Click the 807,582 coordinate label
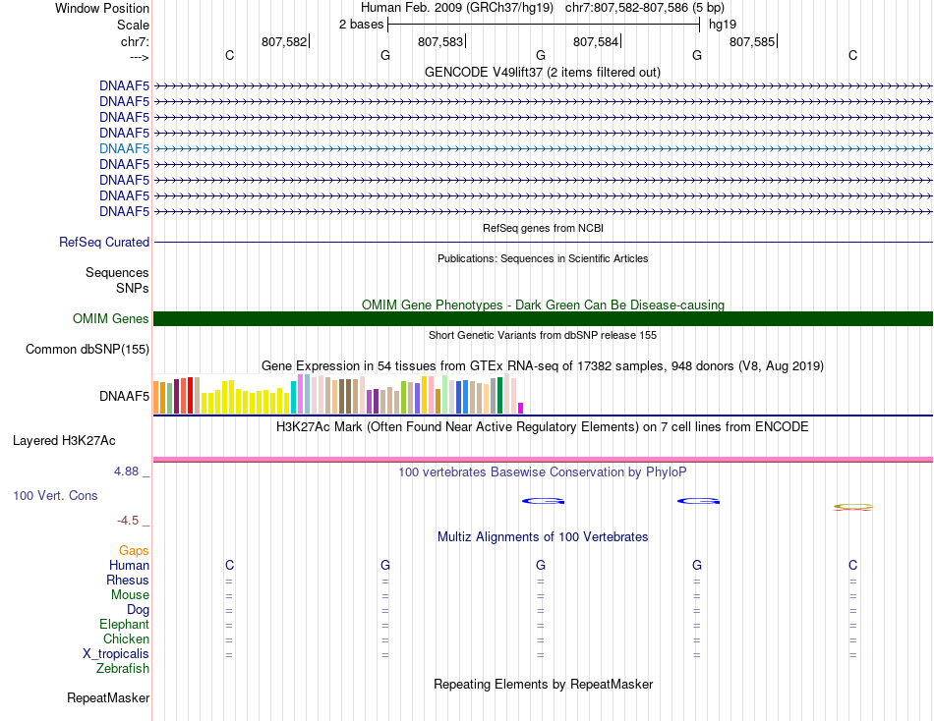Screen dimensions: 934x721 click(284, 41)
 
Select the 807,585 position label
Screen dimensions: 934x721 click(752, 41)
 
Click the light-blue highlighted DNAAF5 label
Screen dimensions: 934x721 click(125, 148)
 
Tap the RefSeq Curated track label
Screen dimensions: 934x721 click(104, 243)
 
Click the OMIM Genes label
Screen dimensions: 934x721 click(111, 318)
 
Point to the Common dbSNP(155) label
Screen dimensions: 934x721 click(88, 349)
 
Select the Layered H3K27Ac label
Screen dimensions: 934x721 click(64, 441)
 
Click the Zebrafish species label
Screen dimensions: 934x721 click(123, 669)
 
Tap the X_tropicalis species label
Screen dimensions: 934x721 click(116, 654)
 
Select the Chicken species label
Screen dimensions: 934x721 click(126, 638)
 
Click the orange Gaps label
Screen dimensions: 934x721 click(134, 551)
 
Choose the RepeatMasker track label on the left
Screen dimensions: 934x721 click(108, 697)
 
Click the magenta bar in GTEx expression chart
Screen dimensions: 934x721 click(521, 408)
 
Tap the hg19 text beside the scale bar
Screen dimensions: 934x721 click(723, 25)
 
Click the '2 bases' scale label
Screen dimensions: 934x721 click(362, 25)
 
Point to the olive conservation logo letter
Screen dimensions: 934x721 click(853, 507)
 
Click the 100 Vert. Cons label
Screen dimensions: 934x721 click(55, 495)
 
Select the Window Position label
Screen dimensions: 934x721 click(102, 8)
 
